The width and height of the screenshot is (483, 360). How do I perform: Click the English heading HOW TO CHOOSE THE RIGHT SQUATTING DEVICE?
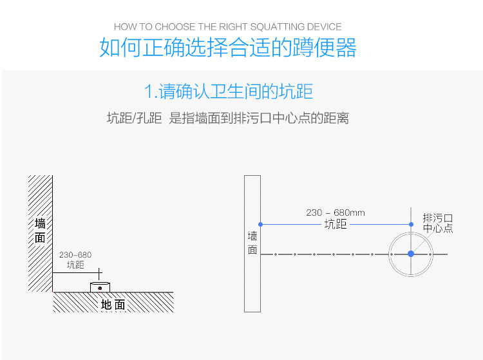point(227,27)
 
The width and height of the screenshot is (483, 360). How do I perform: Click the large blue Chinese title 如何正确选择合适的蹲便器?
point(228,47)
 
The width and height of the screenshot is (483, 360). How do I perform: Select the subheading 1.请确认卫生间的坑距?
point(228,91)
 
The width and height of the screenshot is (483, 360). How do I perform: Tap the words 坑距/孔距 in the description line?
point(135,118)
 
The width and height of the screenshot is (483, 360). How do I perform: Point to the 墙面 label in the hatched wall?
point(40,231)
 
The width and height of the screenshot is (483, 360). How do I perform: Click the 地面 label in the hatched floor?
point(113,305)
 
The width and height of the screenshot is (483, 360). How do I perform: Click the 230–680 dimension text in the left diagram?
point(75,255)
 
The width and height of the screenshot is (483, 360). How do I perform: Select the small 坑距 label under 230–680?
point(75,265)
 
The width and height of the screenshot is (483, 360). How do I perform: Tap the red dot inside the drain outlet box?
point(100,289)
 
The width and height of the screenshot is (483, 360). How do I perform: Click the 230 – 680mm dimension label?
point(336,213)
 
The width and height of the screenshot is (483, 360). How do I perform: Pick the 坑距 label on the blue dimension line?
point(336,224)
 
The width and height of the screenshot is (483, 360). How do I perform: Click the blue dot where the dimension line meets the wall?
point(261,225)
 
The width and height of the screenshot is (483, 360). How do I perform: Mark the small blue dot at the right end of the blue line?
point(411,225)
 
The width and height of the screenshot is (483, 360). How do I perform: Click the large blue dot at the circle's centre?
point(411,254)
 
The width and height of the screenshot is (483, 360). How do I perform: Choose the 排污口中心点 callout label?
point(438,223)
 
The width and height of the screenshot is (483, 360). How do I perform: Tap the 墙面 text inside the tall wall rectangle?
point(252,243)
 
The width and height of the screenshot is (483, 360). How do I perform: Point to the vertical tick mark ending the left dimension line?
point(99,274)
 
